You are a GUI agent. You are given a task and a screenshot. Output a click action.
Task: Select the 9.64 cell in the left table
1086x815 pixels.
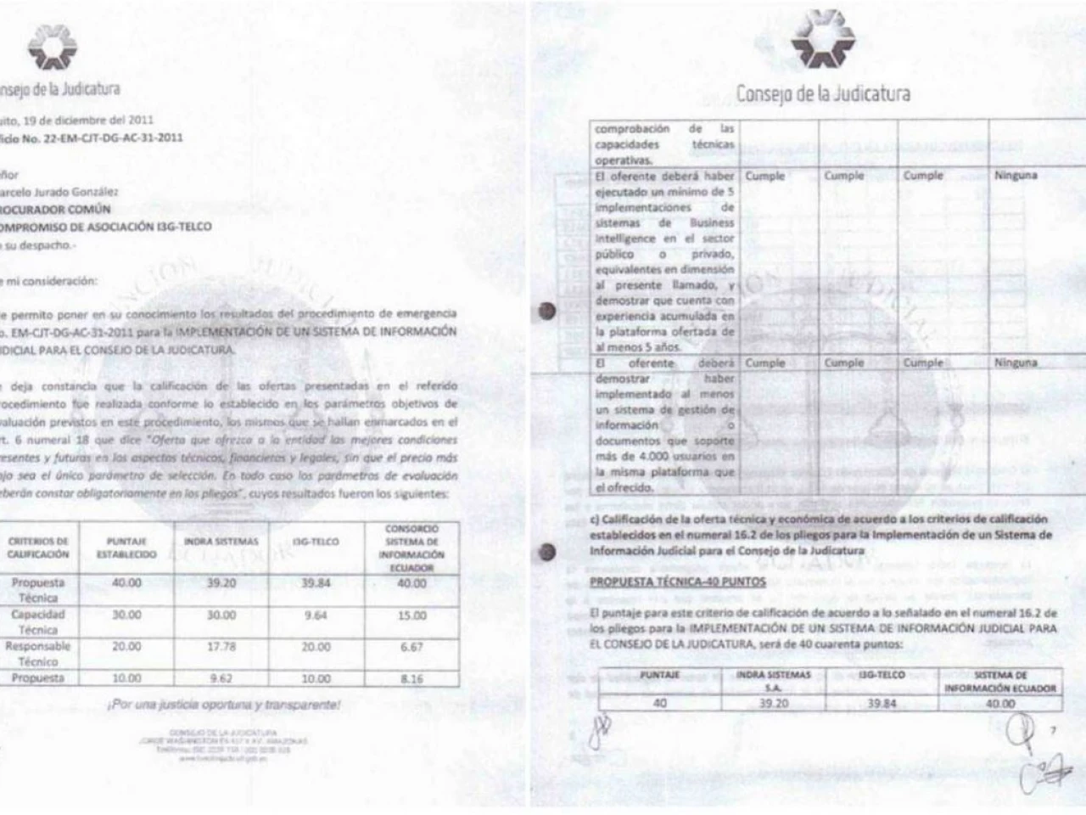pyautogui.click(x=315, y=615)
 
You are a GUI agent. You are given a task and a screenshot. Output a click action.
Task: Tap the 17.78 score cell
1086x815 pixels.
pyautogui.click(x=221, y=647)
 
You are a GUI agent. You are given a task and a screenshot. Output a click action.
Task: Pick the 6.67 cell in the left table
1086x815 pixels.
pyautogui.click(x=411, y=647)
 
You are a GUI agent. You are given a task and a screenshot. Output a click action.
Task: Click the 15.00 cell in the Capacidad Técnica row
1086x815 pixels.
pyautogui.click(x=411, y=615)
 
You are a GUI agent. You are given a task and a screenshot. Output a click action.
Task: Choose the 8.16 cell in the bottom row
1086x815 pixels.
pyautogui.click(x=411, y=678)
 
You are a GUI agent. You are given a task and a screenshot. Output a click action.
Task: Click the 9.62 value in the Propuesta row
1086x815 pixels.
pyautogui.click(x=221, y=678)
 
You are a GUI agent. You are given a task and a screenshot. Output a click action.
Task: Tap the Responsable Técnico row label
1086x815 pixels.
pyautogui.click(x=38, y=653)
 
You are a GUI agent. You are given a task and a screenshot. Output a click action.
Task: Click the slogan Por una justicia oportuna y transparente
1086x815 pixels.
pyautogui.click(x=224, y=705)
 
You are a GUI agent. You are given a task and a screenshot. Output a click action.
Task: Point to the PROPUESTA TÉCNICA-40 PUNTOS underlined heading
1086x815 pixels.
pyautogui.click(x=677, y=582)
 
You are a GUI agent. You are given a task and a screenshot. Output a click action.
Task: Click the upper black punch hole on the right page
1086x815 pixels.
pyautogui.click(x=547, y=312)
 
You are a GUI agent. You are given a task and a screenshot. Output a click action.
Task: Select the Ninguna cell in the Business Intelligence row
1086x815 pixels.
pyautogui.click(x=1016, y=176)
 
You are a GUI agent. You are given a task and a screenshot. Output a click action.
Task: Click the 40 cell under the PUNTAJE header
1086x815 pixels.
pyautogui.click(x=659, y=703)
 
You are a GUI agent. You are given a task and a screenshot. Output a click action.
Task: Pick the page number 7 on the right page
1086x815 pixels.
pyautogui.click(x=1053, y=731)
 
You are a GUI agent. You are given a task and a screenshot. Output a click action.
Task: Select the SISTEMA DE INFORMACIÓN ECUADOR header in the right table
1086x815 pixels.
pyautogui.click(x=1000, y=682)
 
